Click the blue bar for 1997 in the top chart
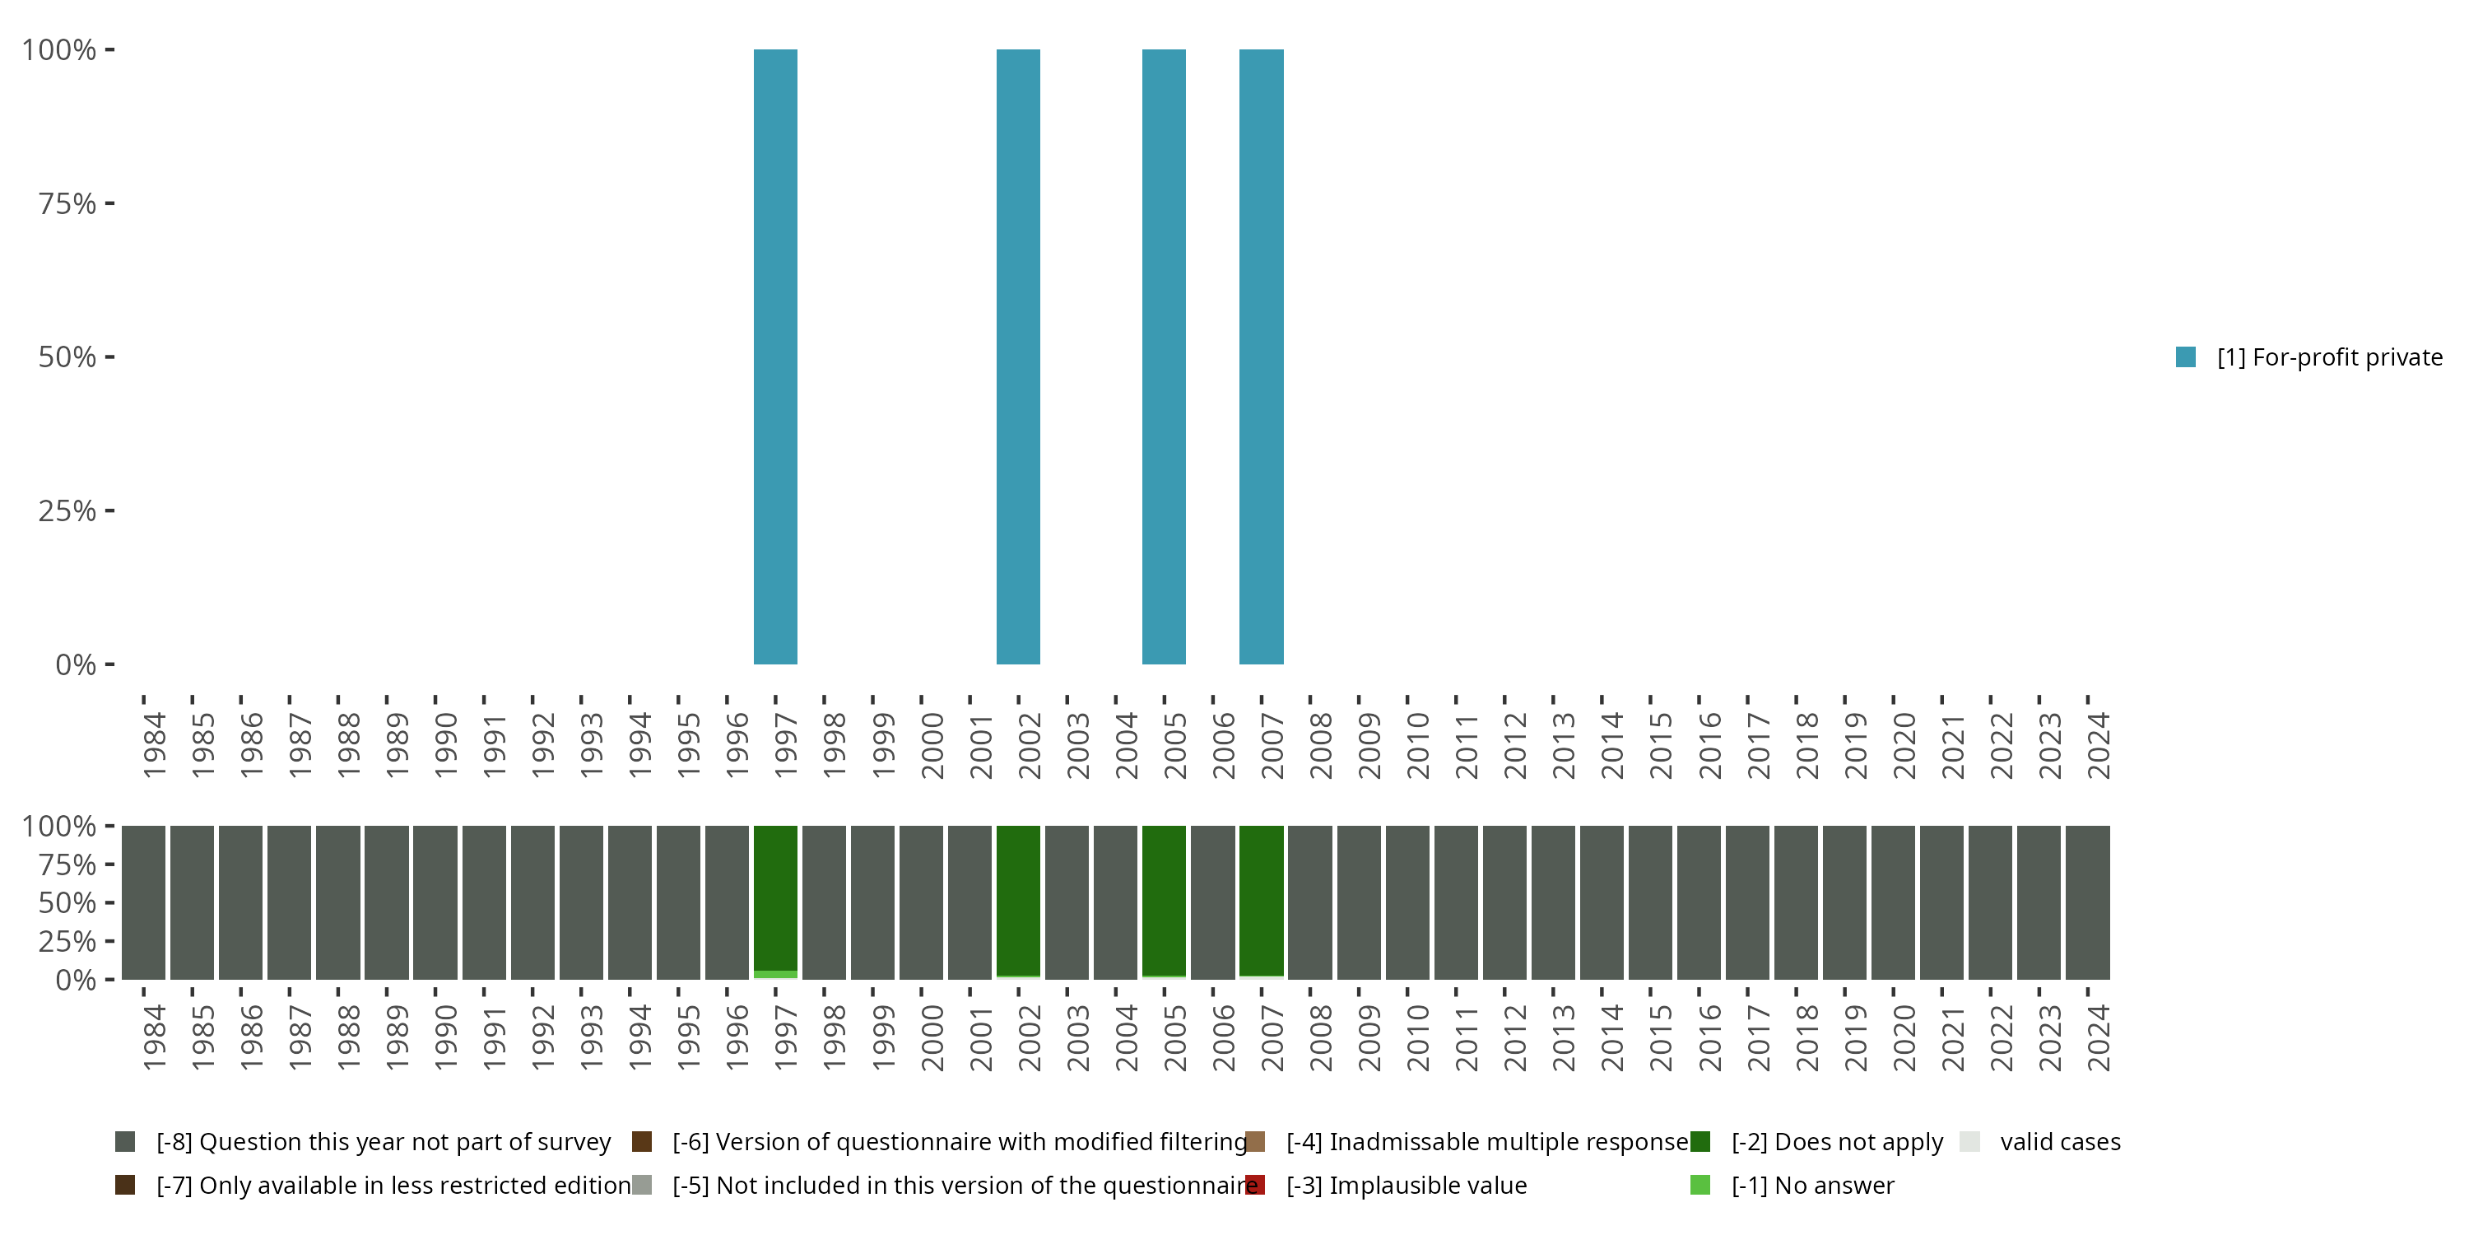(775, 357)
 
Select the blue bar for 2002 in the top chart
(1018, 357)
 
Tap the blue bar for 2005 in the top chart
(1164, 357)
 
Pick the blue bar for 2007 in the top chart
(1262, 357)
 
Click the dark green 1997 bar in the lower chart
(775, 897)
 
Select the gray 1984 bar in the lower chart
(144, 902)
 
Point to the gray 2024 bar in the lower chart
(2087, 902)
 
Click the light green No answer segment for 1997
(775, 974)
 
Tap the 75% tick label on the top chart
(67, 203)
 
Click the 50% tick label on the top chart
(67, 357)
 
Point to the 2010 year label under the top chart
(1417, 745)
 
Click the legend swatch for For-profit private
(2186, 357)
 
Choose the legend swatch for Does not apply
(1700, 1141)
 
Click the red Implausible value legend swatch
(1254, 1185)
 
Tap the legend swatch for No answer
(1700, 1185)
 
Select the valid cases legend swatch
(1969, 1141)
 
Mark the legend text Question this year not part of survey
(384, 1141)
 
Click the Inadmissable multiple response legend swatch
(1254, 1141)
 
